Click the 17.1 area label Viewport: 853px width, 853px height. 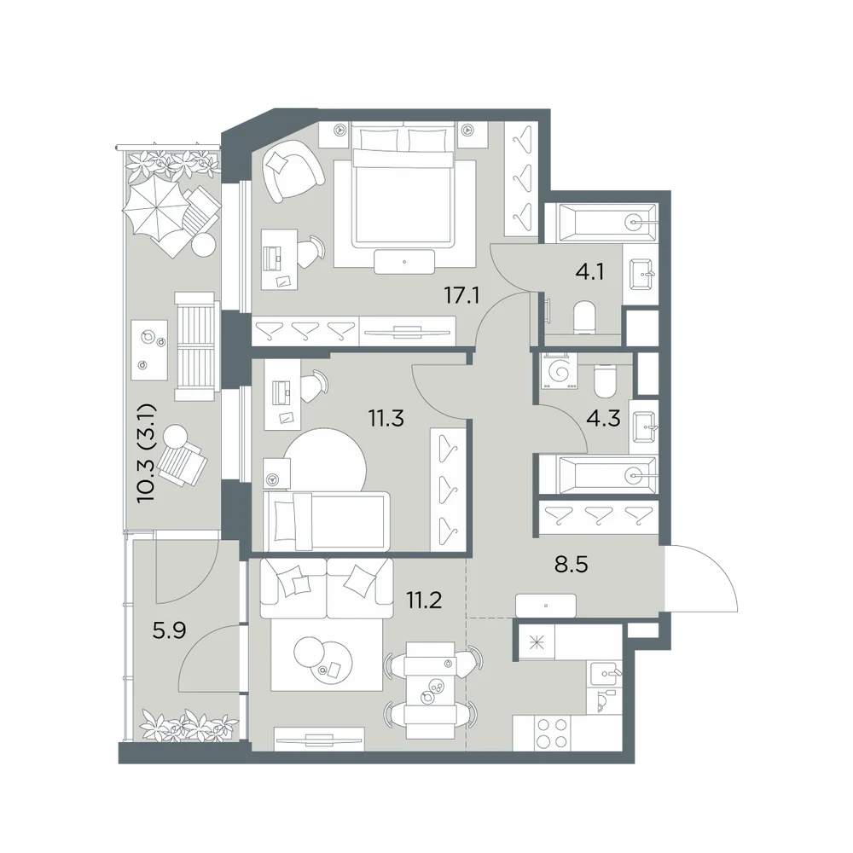coord(461,296)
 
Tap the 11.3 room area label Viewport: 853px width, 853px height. coord(386,419)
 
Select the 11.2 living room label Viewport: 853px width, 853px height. coord(424,601)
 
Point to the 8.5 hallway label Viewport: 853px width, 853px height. coord(572,565)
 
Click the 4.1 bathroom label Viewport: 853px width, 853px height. coord(589,270)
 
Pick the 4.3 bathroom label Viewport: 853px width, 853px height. coord(604,419)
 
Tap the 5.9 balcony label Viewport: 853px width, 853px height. coord(170,631)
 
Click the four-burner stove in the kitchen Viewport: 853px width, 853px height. coord(552,733)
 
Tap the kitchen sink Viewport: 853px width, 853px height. coord(605,672)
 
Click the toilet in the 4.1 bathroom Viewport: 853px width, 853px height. coord(584,317)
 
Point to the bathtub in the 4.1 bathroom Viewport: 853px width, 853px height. coord(601,223)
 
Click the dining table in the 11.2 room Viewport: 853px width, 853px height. coord(432,690)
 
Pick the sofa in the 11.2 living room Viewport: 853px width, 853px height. coord(327,588)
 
